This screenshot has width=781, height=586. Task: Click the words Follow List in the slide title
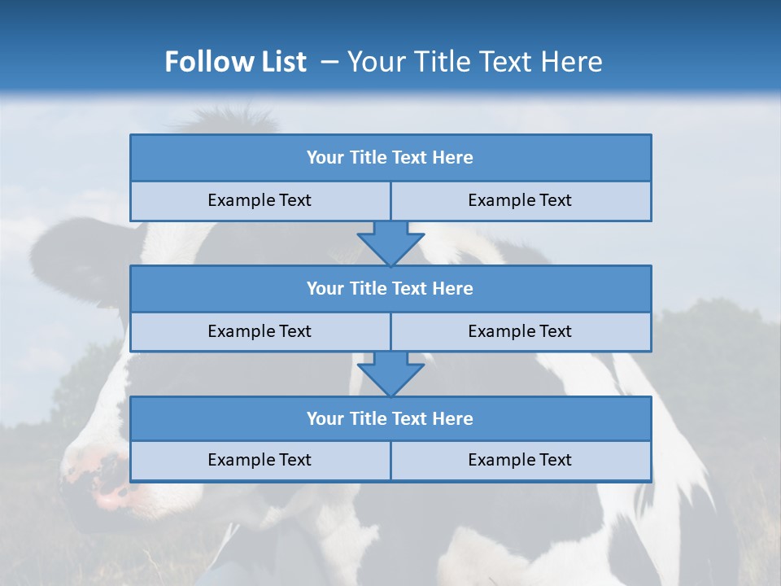point(235,62)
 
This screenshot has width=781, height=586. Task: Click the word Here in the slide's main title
point(574,62)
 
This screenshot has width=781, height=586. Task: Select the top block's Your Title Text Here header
point(390,158)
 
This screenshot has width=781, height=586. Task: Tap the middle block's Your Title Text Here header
point(390,288)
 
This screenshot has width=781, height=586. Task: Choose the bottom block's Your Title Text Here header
point(390,418)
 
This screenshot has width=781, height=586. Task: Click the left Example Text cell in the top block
point(260,201)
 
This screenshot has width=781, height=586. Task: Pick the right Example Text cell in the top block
point(520,201)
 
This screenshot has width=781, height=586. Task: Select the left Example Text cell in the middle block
point(260,331)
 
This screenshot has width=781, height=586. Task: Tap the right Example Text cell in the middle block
point(520,331)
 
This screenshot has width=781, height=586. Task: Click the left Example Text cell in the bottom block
point(260,461)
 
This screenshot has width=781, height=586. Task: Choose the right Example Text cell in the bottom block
point(520,461)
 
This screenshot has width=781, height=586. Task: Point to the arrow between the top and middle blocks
point(390,243)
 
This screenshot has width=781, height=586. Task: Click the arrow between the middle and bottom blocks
point(390,374)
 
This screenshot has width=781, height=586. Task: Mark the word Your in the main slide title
point(373,62)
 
